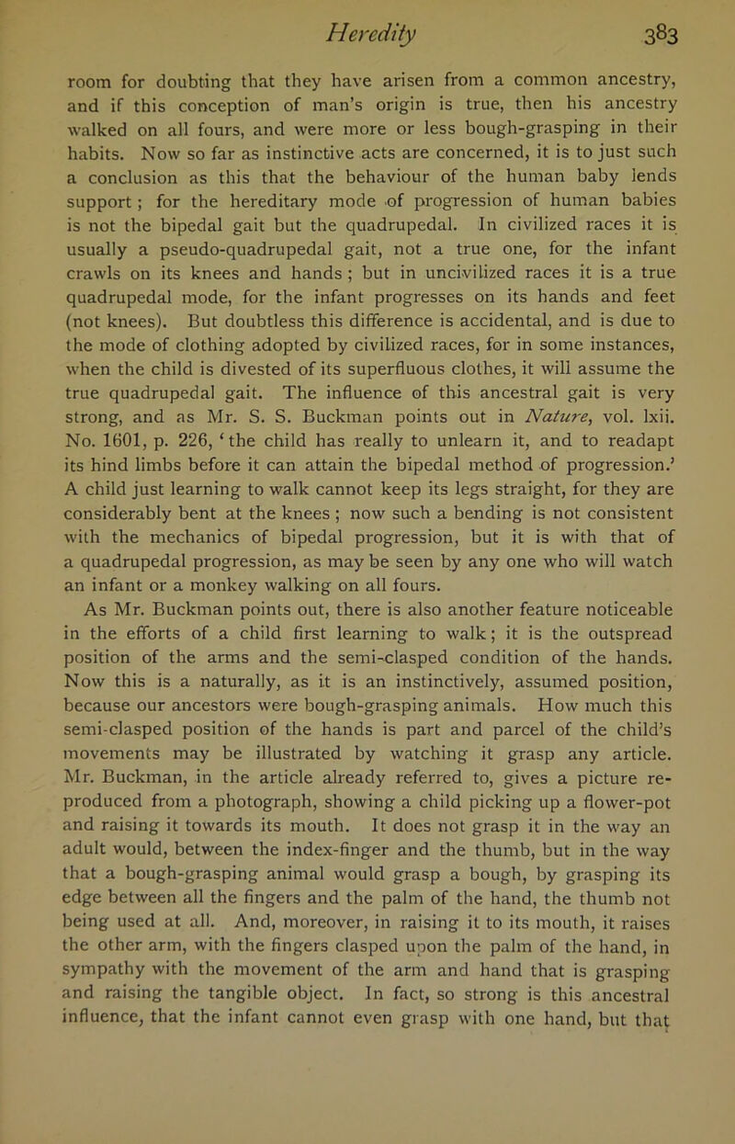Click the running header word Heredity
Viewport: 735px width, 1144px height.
pyautogui.click(x=367, y=17)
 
